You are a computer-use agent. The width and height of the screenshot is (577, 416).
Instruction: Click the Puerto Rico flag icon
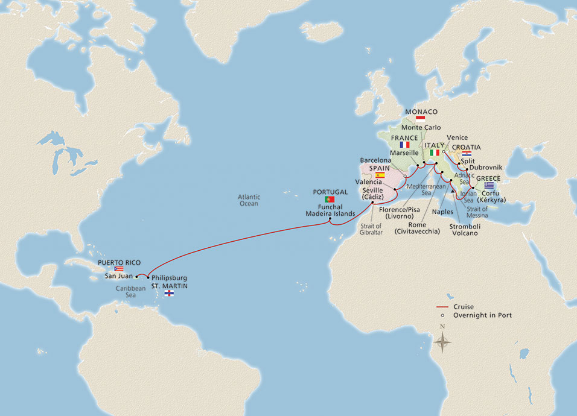click(119, 269)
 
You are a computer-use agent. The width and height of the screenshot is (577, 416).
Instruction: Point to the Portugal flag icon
click(330, 199)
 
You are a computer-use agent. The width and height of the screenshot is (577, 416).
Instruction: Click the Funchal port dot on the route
click(330, 219)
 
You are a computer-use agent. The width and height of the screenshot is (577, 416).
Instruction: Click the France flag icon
click(404, 145)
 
